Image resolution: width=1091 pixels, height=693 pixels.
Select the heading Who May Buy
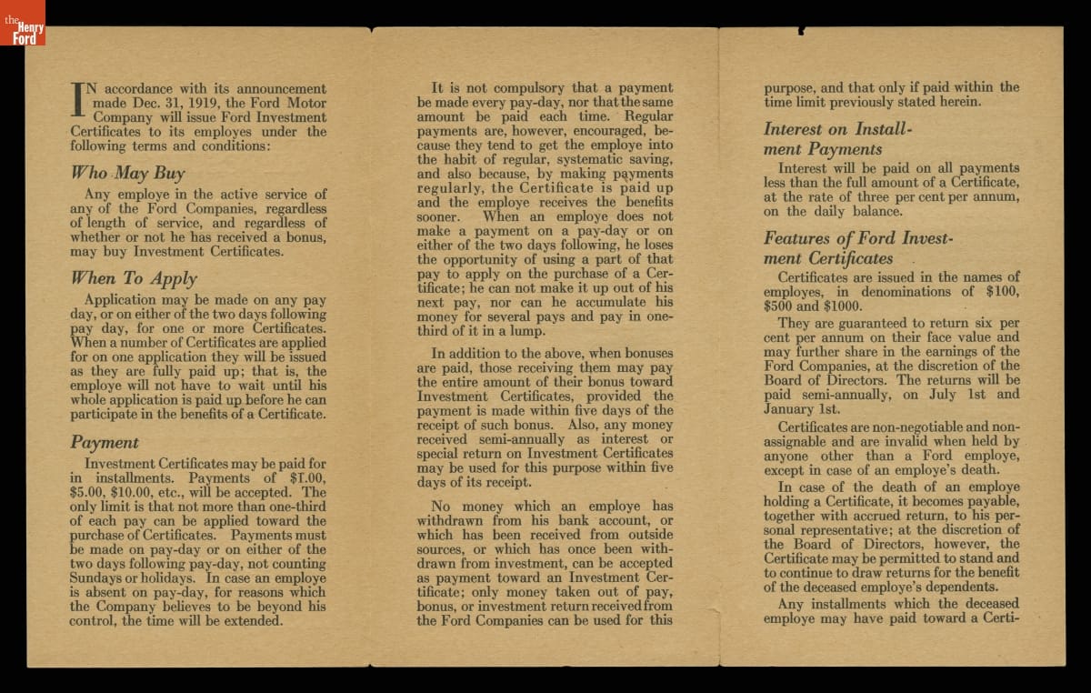point(127,173)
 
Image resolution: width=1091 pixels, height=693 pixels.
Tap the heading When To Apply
point(134,278)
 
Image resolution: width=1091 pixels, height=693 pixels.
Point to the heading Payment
point(105,443)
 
